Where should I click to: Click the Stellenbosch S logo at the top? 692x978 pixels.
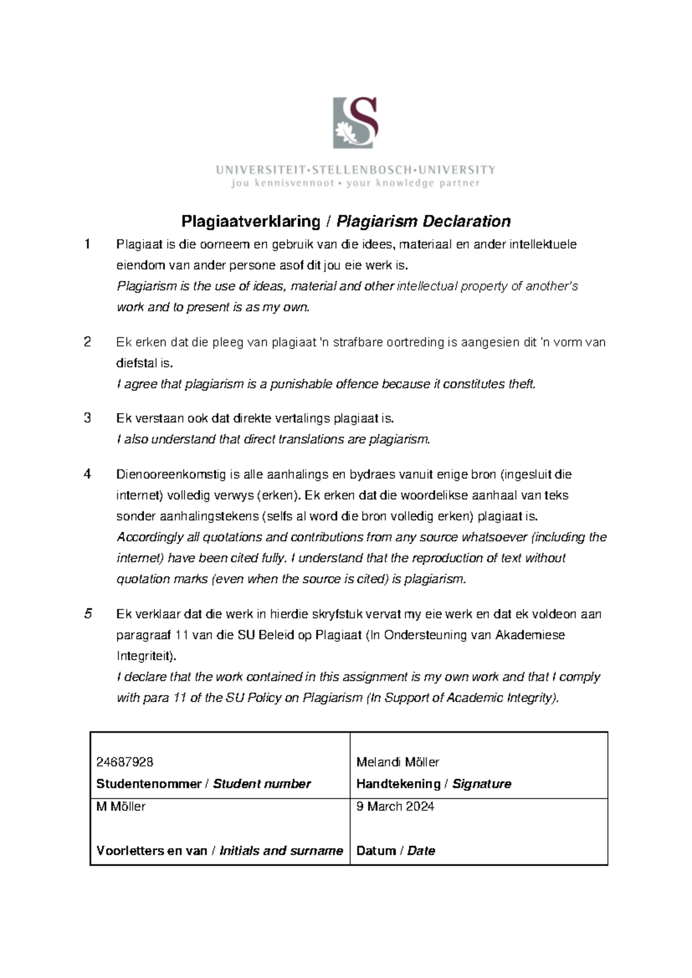[x=355, y=123]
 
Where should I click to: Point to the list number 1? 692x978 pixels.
[x=87, y=245]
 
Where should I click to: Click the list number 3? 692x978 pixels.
[x=87, y=418]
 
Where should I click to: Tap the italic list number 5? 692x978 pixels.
[x=88, y=614]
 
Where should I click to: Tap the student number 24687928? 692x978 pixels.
[x=125, y=762]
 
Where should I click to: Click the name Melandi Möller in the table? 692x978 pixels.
[x=397, y=762]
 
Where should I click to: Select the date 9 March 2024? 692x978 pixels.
[x=395, y=806]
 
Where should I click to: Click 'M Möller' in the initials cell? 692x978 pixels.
[x=121, y=806]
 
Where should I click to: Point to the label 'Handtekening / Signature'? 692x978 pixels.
[x=434, y=784]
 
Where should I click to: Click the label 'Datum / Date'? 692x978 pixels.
[x=396, y=851]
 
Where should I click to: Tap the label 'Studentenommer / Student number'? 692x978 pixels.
[x=203, y=784]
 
